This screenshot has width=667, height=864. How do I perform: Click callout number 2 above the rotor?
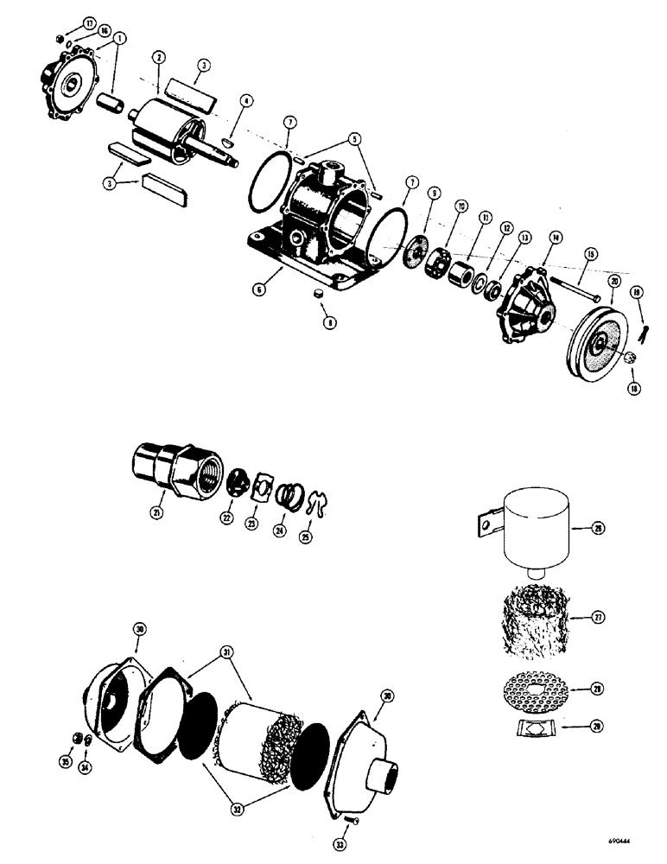(157, 58)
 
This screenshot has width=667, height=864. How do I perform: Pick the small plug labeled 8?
(317, 294)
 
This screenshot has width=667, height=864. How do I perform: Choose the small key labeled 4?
(227, 139)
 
